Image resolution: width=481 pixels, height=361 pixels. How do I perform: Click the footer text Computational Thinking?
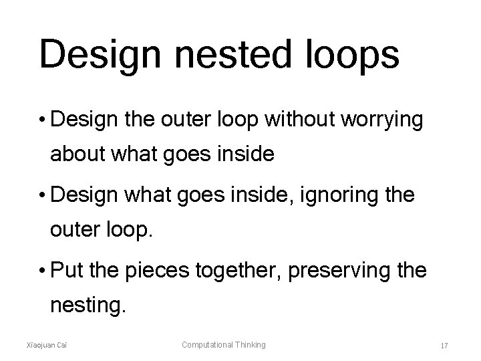point(224,345)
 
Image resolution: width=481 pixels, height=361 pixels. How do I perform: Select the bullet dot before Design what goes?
point(42,196)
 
